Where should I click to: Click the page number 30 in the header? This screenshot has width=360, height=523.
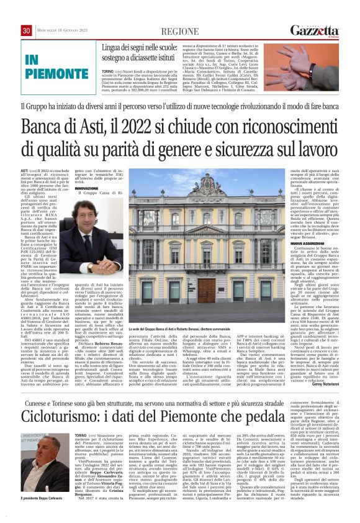click(26, 30)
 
